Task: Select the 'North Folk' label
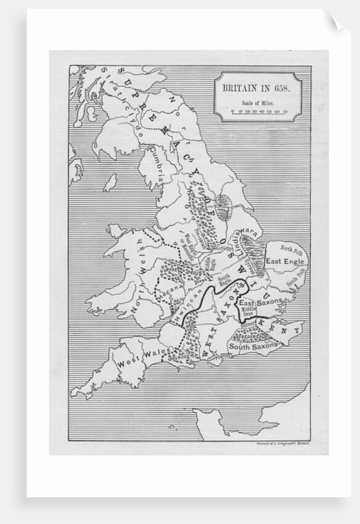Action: [292, 248]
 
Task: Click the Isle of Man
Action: [111, 182]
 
